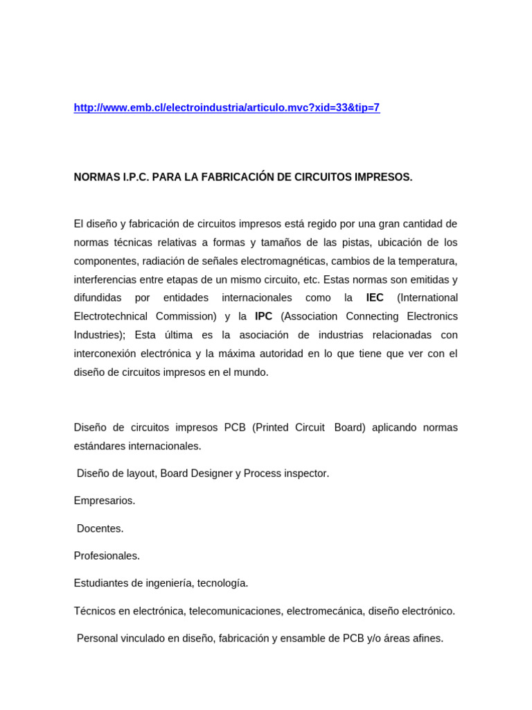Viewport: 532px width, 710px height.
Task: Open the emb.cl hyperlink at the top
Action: (227, 107)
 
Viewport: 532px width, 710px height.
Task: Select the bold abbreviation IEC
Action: (375, 297)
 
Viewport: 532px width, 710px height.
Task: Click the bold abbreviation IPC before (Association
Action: (263, 316)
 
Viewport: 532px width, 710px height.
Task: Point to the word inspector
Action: (302, 474)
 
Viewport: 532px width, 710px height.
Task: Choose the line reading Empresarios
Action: (105, 501)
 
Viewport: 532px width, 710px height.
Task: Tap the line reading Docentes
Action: (100, 528)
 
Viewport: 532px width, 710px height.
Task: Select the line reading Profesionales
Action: (107, 556)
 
